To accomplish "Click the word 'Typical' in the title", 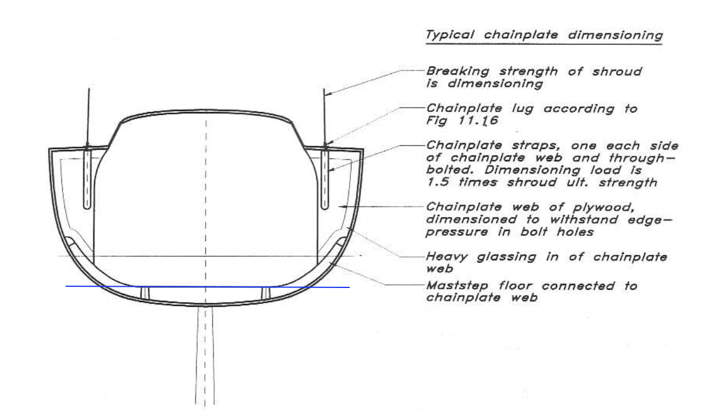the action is [x=450, y=35].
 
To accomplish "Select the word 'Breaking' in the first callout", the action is [x=458, y=71].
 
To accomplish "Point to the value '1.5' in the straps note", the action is [x=438, y=182].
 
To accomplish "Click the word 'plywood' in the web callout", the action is [x=603, y=208].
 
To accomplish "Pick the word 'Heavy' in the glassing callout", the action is [x=447, y=257].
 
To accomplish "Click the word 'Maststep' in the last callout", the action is [x=457, y=286].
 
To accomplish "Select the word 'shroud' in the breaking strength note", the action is [x=617, y=72].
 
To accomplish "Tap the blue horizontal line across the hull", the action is [x=208, y=287].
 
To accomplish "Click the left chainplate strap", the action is [x=87, y=179].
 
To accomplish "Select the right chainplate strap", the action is [x=325, y=179].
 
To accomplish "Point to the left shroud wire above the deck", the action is [x=88, y=117].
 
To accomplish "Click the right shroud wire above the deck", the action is [x=324, y=117].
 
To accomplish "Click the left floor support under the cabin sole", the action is [x=145, y=293].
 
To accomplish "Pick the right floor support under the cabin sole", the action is [x=266, y=293].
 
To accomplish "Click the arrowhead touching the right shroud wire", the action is [x=328, y=94].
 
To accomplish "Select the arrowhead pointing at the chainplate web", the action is [x=343, y=206].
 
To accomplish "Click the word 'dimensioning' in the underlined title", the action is [x=615, y=35].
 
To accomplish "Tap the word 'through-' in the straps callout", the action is [x=642, y=158].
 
